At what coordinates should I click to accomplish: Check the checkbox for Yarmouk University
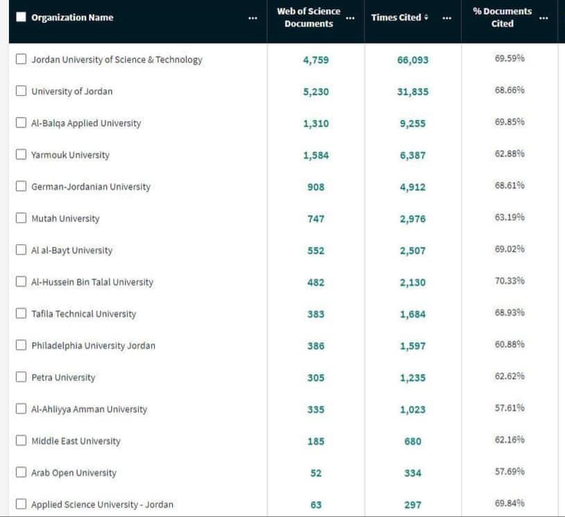click(x=21, y=155)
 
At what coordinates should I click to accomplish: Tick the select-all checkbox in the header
click(x=21, y=17)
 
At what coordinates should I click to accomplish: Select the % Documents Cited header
click(x=502, y=17)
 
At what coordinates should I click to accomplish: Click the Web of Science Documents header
click(x=308, y=17)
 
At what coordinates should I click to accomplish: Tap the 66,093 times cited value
click(x=412, y=60)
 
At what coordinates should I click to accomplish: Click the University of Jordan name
click(x=71, y=91)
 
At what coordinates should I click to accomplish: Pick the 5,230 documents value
click(x=316, y=92)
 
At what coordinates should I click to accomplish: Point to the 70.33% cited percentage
click(x=509, y=281)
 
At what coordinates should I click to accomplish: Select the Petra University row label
click(x=63, y=378)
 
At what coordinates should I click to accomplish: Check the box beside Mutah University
click(x=21, y=218)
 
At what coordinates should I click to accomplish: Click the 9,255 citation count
click(x=412, y=124)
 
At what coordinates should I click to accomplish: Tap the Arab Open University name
click(x=74, y=473)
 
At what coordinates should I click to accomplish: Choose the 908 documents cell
click(x=316, y=187)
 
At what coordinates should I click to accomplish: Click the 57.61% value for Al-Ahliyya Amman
click(x=509, y=408)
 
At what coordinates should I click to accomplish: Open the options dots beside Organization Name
click(x=253, y=18)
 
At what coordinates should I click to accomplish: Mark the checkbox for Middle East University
click(x=21, y=441)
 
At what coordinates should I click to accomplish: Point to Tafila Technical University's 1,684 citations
click(x=412, y=314)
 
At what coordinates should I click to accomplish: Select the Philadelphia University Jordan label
click(x=93, y=346)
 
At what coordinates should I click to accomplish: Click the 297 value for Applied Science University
click(x=412, y=505)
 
